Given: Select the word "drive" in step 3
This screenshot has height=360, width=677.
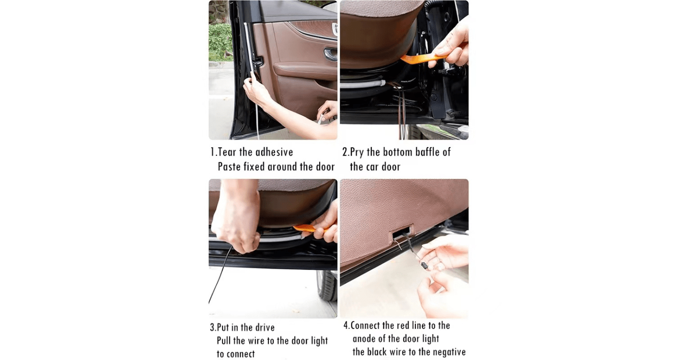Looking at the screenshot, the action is tap(265, 327).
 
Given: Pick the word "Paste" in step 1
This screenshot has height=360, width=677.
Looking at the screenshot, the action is tap(229, 166).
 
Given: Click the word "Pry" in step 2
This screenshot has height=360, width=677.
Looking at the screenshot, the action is tap(357, 152).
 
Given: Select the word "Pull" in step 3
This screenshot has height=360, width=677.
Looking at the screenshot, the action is tap(224, 341).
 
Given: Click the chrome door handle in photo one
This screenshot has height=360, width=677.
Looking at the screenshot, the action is tap(330, 54).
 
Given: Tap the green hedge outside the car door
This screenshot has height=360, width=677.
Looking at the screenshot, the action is tap(221, 43).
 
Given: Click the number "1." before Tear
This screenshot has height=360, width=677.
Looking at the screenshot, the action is tap(213, 152).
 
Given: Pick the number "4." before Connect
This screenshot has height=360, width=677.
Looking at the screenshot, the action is tap(347, 326).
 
